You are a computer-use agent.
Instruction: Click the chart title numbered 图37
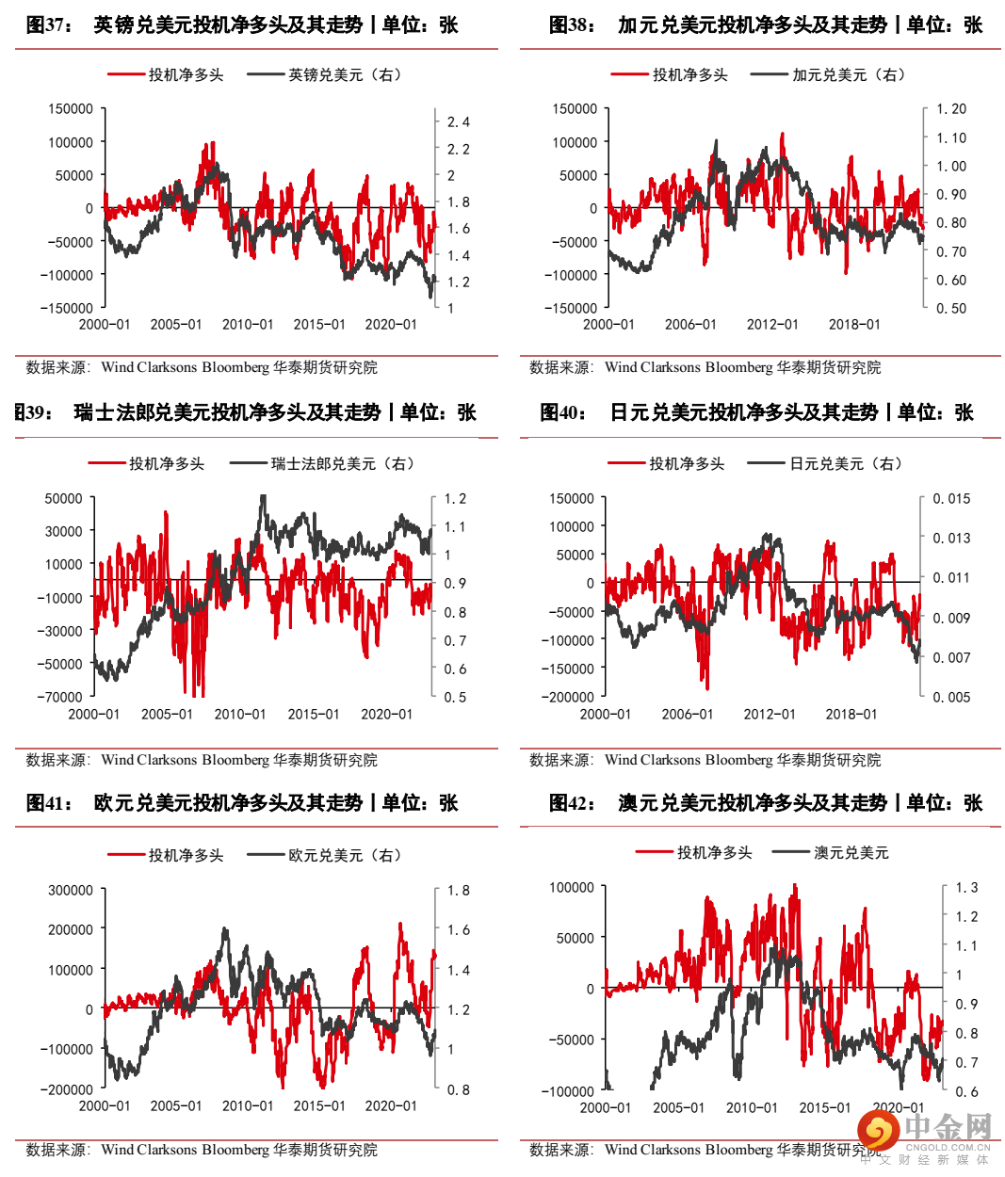[x=242, y=24]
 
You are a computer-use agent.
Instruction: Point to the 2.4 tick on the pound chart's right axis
[x=458, y=122]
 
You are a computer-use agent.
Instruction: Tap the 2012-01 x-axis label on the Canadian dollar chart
[x=772, y=325]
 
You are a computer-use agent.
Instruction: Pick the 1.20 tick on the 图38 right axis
[x=951, y=109]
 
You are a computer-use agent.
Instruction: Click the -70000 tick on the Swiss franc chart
[x=60, y=698]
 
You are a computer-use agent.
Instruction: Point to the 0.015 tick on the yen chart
[x=951, y=499]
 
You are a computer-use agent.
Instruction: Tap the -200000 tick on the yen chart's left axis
[x=567, y=698]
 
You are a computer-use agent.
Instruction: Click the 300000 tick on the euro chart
[x=71, y=891]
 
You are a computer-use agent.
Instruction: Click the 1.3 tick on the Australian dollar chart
[x=966, y=888]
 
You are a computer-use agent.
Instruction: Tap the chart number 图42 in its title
[x=573, y=803]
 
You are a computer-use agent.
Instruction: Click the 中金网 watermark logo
[x=923, y=1130]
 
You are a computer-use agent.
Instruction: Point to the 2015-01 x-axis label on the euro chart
[x=319, y=1106]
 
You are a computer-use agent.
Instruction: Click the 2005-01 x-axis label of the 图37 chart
[x=176, y=325]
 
